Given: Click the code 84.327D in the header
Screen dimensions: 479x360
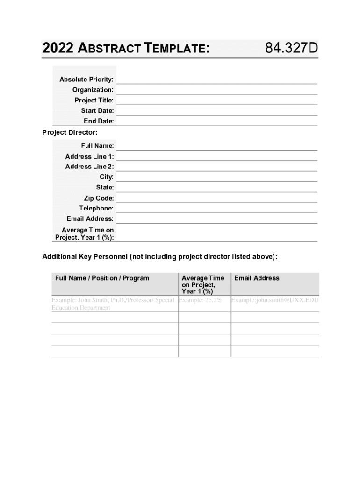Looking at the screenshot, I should click(x=291, y=48).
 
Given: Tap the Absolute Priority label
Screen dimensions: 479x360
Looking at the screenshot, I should click(x=86, y=80).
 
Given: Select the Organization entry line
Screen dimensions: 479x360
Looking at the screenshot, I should click(x=216, y=90).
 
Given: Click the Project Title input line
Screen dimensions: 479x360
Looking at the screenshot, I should click(x=216, y=100).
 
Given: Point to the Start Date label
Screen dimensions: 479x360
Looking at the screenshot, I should click(x=97, y=111).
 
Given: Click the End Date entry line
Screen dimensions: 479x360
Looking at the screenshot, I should click(x=216, y=121).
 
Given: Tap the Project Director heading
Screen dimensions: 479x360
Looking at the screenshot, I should click(x=70, y=132).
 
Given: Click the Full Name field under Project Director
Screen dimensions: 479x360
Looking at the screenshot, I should click(x=216, y=146).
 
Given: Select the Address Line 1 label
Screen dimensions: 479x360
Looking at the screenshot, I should click(x=89, y=156).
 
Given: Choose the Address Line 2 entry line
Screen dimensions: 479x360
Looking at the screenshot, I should click(x=216, y=167).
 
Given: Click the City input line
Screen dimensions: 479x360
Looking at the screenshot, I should click(x=216, y=177).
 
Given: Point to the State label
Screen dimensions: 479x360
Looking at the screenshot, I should click(x=105, y=188).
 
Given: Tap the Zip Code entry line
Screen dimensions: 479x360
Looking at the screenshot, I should click(x=216, y=198).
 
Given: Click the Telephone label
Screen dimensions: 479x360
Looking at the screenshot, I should click(x=96, y=208).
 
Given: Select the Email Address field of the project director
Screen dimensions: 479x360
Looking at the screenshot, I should click(x=216, y=218).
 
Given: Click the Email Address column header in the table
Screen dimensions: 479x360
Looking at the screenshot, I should click(x=257, y=278).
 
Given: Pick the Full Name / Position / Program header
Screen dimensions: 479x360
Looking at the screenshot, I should click(x=102, y=278).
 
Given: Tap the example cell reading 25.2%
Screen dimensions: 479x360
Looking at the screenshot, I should click(x=200, y=300).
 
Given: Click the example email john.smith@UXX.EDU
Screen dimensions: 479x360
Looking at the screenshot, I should click(x=275, y=300).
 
